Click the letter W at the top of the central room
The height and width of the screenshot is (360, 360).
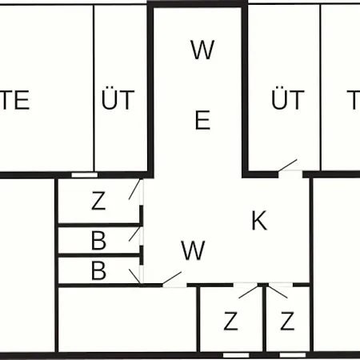click(x=202, y=50)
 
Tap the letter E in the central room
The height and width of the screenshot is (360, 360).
click(x=202, y=120)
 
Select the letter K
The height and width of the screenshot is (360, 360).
click(x=259, y=220)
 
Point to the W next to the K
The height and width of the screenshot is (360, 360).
click(x=193, y=250)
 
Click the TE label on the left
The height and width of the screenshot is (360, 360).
click(x=14, y=100)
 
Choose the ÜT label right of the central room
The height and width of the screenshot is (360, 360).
click(x=288, y=98)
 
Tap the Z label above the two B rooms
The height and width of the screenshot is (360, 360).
click(x=98, y=201)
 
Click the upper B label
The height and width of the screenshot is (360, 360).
click(x=98, y=241)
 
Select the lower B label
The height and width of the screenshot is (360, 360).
click(x=98, y=270)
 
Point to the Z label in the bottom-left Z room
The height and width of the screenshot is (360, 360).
click(x=230, y=321)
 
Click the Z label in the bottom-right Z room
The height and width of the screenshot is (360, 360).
click(x=287, y=321)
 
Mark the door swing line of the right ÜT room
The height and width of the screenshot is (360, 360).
click(x=287, y=166)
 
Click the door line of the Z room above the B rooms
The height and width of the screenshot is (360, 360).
click(x=134, y=190)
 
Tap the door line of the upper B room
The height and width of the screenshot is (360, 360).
click(x=134, y=234)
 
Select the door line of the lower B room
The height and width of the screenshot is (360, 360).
click(x=134, y=277)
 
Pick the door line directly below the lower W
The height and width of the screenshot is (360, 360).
click(x=172, y=278)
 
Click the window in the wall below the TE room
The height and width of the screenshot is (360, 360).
click(x=84, y=175)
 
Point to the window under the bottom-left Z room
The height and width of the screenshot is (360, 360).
click(x=236, y=355)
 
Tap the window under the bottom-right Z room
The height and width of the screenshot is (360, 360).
click(x=293, y=355)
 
